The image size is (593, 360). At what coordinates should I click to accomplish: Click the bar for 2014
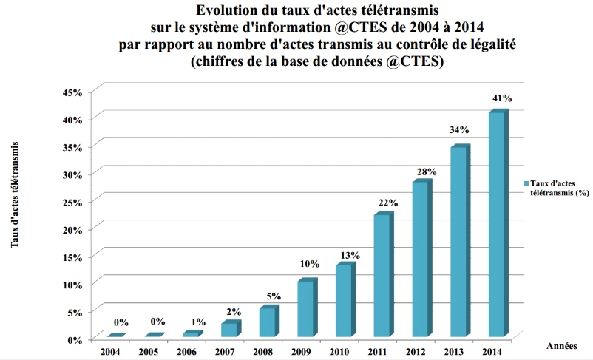496,225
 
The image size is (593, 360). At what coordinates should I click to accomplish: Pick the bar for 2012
420,259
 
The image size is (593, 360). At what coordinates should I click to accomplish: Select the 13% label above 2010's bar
350,255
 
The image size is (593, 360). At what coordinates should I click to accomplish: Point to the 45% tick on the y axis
81,92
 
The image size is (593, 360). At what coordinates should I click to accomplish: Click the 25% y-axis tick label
81,202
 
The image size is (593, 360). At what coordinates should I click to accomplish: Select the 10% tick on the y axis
81,284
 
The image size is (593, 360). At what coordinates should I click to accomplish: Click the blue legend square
527,183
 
